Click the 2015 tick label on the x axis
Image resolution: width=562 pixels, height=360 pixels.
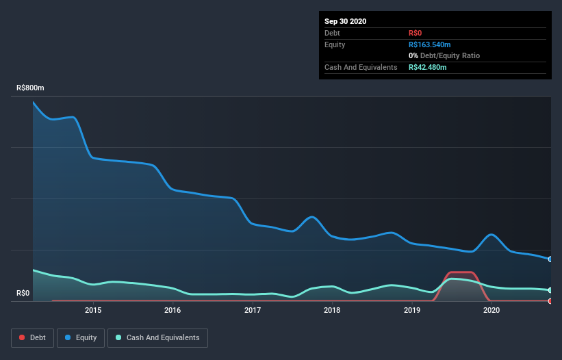93,310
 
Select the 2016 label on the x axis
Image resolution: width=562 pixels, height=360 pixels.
173,310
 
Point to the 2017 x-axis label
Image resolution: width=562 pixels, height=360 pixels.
253,310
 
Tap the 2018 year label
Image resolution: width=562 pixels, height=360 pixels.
332,310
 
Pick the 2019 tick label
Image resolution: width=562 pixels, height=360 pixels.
412,310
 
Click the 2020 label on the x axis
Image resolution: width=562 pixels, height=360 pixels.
491,310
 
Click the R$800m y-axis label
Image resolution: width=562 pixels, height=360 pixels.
30,88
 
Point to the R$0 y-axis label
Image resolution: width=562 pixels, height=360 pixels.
23,294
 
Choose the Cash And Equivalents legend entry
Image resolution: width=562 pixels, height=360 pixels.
157,337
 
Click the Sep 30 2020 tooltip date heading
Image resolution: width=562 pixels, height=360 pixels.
345,21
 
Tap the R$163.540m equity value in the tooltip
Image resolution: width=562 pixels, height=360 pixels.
429,44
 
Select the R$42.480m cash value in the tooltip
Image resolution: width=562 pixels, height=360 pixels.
427,67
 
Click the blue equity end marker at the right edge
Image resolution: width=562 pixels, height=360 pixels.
550,259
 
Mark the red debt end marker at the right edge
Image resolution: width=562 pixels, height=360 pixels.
550,300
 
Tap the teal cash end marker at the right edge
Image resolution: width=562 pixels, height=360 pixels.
550,290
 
